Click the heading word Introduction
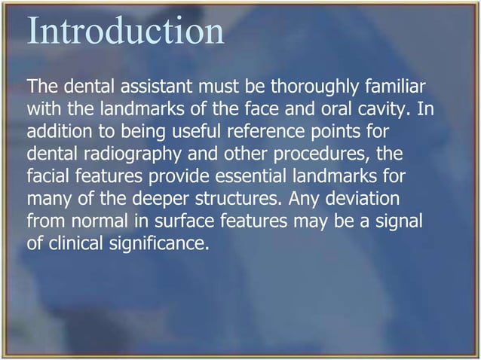pos(126,31)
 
